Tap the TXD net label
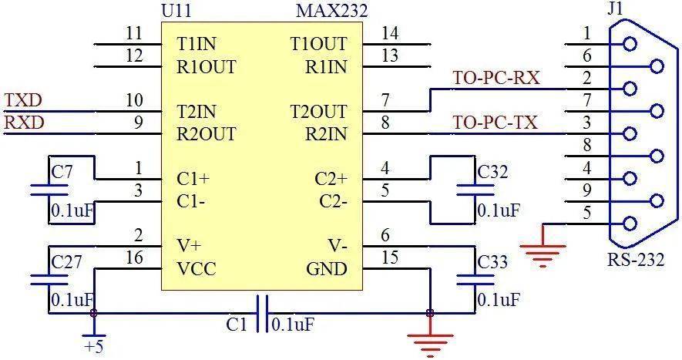click(x=23, y=101)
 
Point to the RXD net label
click(x=24, y=123)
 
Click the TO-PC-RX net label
click(x=496, y=78)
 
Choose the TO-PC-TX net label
click(x=495, y=123)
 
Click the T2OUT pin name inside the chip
click(x=318, y=112)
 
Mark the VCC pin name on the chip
click(x=197, y=269)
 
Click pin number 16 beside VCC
click(x=134, y=258)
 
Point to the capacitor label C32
click(x=492, y=173)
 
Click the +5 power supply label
click(x=94, y=347)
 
